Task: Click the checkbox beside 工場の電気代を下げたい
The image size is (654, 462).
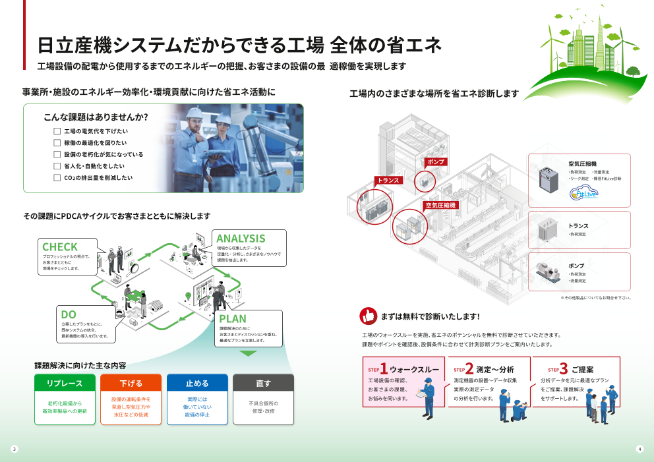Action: coord(57,131)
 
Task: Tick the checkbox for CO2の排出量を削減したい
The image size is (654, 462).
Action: coord(57,178)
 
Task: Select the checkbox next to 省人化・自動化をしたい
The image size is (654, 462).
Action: coord(57,166)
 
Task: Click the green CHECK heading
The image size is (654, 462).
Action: coord(60,247)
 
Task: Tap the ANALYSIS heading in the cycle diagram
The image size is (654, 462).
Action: coord(241,238)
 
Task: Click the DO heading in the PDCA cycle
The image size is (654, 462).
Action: coord(69,314)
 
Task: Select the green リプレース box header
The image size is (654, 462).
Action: coord(64,383)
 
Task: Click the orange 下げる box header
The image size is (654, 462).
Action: coord(131,383)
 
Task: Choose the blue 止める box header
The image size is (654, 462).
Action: coord(197,383)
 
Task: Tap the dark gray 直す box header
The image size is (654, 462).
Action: coord(263,383)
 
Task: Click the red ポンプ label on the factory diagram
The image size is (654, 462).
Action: coord(436,161)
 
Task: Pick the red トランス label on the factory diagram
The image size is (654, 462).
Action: coord(388,180)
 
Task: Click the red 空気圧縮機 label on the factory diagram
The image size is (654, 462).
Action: coord(440,205)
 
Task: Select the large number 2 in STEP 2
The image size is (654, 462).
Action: coord(469,369)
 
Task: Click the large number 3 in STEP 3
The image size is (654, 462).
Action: coord(564,369)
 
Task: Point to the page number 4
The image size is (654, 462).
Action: coord(639,449)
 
